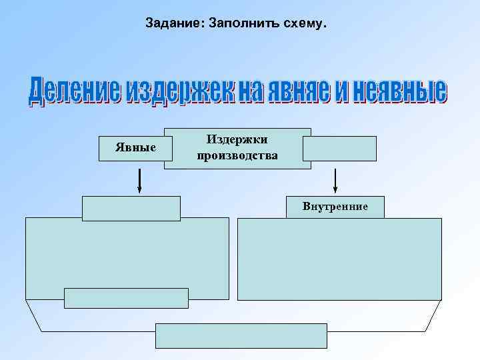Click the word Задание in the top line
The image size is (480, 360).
pos(174,24)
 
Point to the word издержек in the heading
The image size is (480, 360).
pos(173,93)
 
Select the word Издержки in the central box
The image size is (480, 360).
pos(237,140)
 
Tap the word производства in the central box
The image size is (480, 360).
pos(237,155)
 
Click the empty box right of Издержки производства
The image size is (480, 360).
pos(339,149)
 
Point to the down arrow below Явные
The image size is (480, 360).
pos(140,180)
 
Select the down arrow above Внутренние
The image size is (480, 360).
pos(335,180)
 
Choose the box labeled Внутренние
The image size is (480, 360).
pos(335,207)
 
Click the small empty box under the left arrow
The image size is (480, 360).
pos(131,208)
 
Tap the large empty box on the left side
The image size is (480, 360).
pos(127,253)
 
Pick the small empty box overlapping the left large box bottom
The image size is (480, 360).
pos(126,298)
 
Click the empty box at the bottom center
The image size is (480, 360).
pos(241,335)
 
